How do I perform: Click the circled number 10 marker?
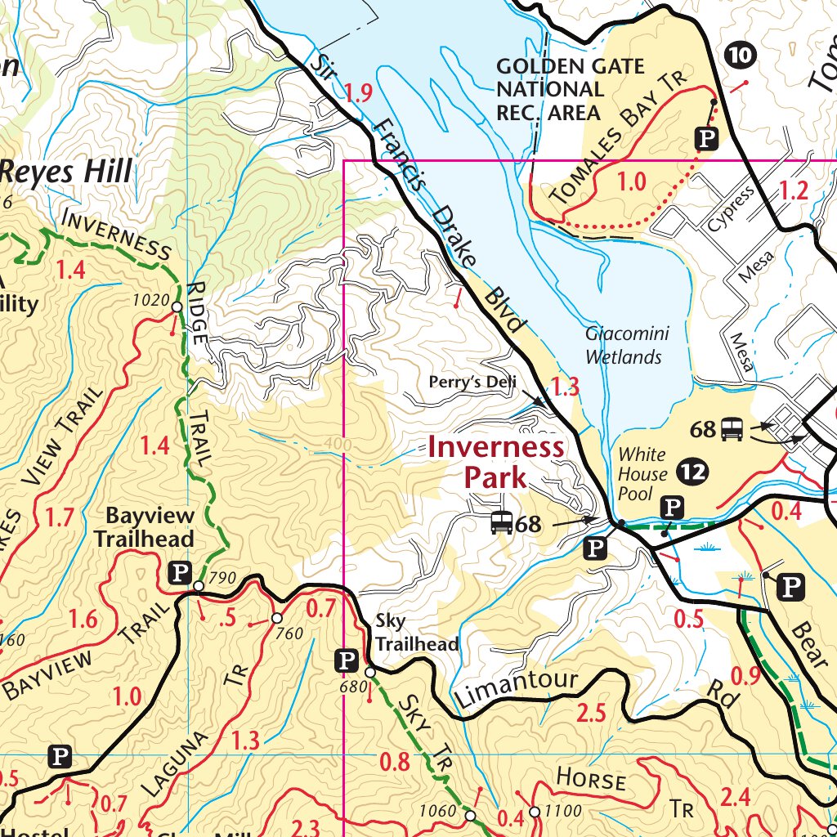(741, 55)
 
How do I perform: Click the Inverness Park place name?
(495, 461)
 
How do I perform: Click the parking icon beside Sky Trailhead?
(347, 660)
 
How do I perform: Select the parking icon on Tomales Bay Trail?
(705, 139)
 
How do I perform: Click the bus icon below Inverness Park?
(501, 523)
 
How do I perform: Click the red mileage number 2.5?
(591, 713)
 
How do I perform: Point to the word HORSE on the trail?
(591, 779)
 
